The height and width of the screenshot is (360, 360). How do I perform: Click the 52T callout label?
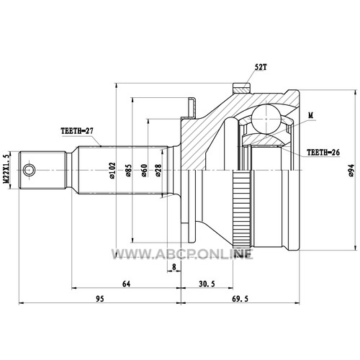[261, 67]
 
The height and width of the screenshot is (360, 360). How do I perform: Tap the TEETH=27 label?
[77, 131]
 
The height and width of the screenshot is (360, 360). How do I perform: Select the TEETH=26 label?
[323, 152]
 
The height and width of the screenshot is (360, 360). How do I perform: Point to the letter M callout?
[311, 116]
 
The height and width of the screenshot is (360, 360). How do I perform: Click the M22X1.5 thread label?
[6, 168]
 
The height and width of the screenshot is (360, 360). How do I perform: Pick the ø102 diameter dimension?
[112, 171]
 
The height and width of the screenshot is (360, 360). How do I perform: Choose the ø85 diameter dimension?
[128, 171]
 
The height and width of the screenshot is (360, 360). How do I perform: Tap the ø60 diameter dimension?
[144, 171]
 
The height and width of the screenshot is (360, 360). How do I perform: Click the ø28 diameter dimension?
[158, 171]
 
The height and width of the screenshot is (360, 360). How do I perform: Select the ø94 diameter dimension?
[351, 171]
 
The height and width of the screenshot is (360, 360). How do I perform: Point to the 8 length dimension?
[174, 267]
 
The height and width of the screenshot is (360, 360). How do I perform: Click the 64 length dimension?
[126, 284]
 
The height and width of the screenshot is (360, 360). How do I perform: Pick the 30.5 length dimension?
[207, 284]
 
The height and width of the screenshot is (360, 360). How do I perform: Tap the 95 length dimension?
[100, 299]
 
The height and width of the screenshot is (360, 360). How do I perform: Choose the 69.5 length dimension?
[240, 299]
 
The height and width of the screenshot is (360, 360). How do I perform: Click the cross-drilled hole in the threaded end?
[29, 170]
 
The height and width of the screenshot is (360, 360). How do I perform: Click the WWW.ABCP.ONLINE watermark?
[182, 254]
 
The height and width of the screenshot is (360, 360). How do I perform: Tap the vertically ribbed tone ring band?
[242, 210]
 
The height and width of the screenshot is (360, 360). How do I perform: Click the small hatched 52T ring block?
[242, 88]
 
